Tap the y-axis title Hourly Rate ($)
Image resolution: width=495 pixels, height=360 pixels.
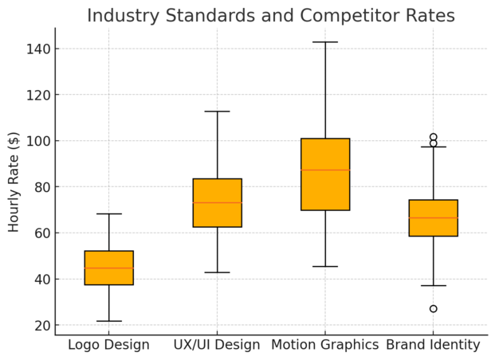[x=14, y=182]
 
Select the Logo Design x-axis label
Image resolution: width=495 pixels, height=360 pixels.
[x=108, y=345]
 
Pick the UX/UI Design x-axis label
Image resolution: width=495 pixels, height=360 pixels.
[x=217, y=345]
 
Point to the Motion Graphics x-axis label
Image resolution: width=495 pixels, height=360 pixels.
[x=324, y=345]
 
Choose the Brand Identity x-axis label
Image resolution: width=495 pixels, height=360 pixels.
[x=433, y=345]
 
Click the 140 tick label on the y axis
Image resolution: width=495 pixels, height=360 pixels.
[x=37, y=49]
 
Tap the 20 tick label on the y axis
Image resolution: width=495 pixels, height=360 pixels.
[x=41, y=326]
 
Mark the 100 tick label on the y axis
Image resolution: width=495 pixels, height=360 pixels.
[x=37, y=141]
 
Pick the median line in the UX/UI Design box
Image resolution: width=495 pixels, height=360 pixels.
[x=217, y=202]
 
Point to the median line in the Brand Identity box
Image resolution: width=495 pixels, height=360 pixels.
[x=433, y=217]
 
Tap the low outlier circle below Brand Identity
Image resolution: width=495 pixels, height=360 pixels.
[x=433, y=309]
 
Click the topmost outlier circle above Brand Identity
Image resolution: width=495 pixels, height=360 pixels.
[x=433, y=137]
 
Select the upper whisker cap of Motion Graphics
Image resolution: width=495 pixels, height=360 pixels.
[x=325, y=42]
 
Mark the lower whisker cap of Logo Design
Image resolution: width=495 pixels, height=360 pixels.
[x=109, y=321]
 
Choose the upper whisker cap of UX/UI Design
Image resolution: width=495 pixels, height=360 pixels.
[x=217, y=112]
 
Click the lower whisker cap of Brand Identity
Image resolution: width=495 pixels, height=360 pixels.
[x=433, y=285]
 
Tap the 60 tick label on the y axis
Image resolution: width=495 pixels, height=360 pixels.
[x=41, y=233]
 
